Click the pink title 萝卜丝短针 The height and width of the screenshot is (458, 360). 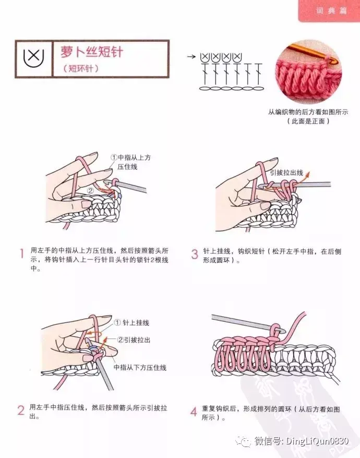(92, 52)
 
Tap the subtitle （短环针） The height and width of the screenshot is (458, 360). (81, 68)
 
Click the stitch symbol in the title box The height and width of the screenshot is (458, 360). (33, 58)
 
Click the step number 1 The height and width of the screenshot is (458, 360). (21, 253)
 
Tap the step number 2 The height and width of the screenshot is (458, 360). (21, 410)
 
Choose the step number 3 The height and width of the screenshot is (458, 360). (195, 254)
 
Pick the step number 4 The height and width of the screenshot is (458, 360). (194, 412)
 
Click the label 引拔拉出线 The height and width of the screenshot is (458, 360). (286, 173)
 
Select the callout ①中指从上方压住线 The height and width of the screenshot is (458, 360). (131, 162)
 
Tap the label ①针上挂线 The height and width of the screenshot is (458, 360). (131, 323)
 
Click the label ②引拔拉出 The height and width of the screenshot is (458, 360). (134, 339)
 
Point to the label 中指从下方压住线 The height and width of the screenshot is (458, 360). (140, 368)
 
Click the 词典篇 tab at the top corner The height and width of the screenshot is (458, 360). (331, 11)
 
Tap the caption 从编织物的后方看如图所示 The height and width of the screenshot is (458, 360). (308, 112)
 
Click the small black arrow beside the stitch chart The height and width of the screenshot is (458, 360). (191, 56)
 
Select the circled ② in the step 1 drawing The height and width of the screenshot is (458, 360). (90, 191)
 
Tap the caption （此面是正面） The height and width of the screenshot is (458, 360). (308, 121)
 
